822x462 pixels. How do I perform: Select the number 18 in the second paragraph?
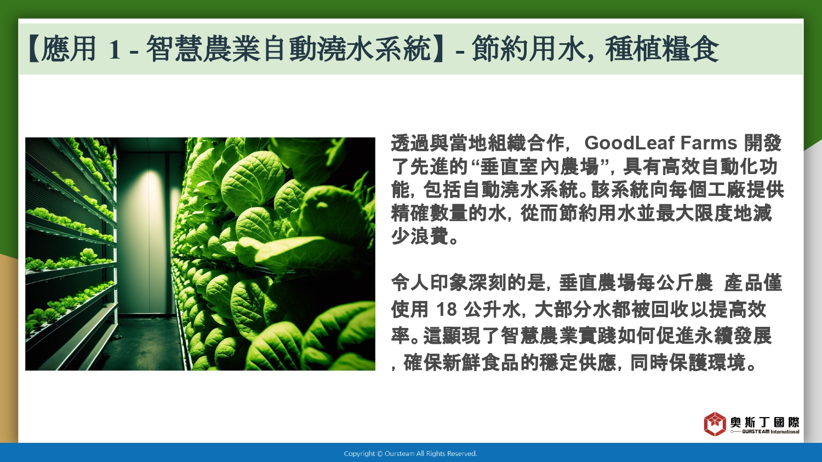[x=446, y=309]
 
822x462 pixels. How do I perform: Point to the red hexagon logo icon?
[x=715, y=424]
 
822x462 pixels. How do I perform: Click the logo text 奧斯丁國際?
[x=764, y=422]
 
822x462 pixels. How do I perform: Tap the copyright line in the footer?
[x=410, y=454]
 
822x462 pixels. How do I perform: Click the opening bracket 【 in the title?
[x=34, y=49]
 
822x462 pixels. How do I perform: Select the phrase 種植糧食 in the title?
[x=661, y=49]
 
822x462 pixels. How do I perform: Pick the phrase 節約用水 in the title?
[x=528, y=49]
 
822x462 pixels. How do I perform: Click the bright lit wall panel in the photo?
[x=149, y=235]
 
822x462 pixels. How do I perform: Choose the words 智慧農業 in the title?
[x=204, y=49]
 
